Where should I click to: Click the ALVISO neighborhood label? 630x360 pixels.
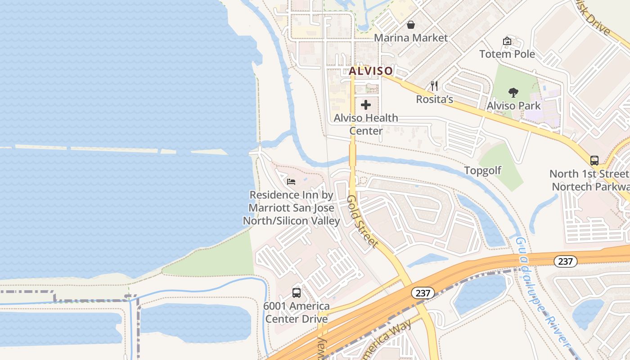click(371, 71)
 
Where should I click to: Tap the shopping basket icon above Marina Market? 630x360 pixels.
click(411, 24)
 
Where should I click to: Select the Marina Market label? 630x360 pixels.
click(411, 38)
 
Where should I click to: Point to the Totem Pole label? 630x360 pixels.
click(507, 54)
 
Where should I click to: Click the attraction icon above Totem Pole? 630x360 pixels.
click(507, 41)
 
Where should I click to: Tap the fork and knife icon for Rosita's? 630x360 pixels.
click(434, 85)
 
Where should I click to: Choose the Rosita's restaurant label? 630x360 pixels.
click(434, 99)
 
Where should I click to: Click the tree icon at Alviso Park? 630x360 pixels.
click(513, 93)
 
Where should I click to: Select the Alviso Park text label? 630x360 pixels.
click(513, 106)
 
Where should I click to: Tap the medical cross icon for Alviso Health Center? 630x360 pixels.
click(366, 105)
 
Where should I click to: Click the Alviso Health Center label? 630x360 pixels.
click(366, 124)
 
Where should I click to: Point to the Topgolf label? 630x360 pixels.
click(482, 171)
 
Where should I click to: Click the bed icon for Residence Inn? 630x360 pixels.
click(291, 182)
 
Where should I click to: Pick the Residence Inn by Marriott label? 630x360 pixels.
click(291, 208)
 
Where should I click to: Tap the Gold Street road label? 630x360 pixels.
click(362, 221)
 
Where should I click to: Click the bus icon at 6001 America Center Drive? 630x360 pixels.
click(297, 292)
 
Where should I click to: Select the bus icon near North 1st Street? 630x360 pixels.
click(594, 160)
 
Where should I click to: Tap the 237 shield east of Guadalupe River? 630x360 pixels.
click(565, 261)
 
